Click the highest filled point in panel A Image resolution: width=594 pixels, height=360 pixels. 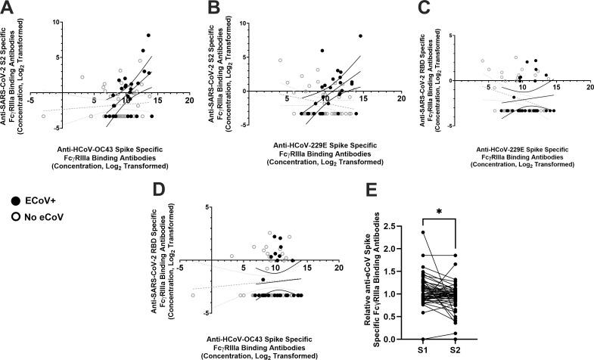[148, 36]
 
